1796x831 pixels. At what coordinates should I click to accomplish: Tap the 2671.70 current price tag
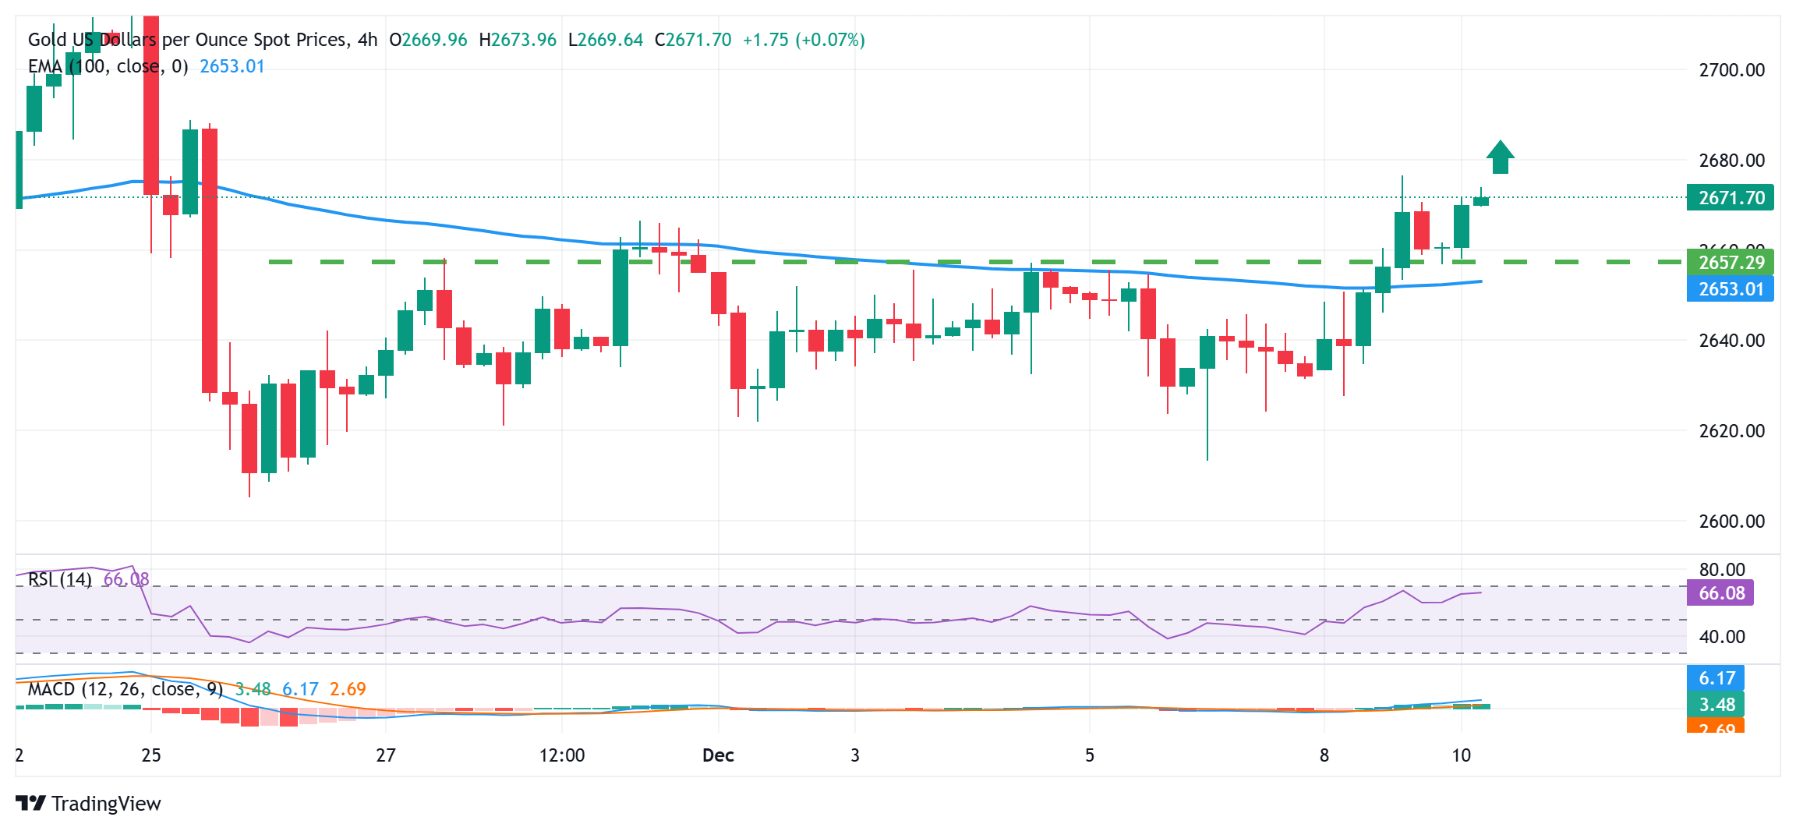(1731, 197)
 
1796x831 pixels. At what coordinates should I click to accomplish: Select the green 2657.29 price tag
(1731, 263)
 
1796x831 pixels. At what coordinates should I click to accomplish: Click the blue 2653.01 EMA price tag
(1731, 289)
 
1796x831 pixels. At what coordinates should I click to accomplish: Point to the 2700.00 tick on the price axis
(1731, 70)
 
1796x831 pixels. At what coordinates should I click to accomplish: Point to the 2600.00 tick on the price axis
(1731, 521)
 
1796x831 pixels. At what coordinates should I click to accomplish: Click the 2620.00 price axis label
(1731, 431)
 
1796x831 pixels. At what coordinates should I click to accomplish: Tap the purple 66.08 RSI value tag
(1720, 593)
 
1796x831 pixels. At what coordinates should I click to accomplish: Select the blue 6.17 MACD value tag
(1716, 678)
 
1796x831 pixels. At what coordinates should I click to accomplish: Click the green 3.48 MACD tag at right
(1716, 705)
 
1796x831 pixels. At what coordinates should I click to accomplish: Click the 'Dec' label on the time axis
(718, 755)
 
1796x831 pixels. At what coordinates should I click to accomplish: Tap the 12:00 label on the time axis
(562, 755)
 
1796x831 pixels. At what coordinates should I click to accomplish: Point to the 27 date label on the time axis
(386, 755)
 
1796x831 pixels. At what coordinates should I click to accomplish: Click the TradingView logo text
(106, 804)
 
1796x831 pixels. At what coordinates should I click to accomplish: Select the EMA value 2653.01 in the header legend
(232, 66)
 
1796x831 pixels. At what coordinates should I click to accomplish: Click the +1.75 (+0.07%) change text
(804, 40)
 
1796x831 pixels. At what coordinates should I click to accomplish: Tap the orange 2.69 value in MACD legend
(348, 689)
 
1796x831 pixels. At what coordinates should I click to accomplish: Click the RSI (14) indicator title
(60, 579)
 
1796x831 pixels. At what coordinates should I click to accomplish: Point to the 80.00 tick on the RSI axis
(1721, 570)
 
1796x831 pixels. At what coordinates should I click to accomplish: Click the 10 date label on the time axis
(1462, 755)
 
